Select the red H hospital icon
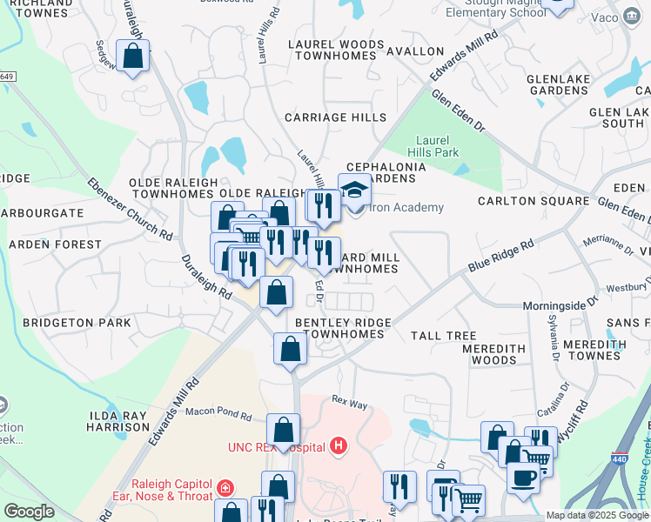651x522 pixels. click(339, 446)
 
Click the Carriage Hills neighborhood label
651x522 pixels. click(336, 117)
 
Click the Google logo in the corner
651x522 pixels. click(29, 512)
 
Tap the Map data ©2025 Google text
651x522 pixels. click(596, 515)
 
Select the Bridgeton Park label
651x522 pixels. click(77, 323)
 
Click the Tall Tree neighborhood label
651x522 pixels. click(443, 336)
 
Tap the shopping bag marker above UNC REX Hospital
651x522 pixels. click(283, 430)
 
